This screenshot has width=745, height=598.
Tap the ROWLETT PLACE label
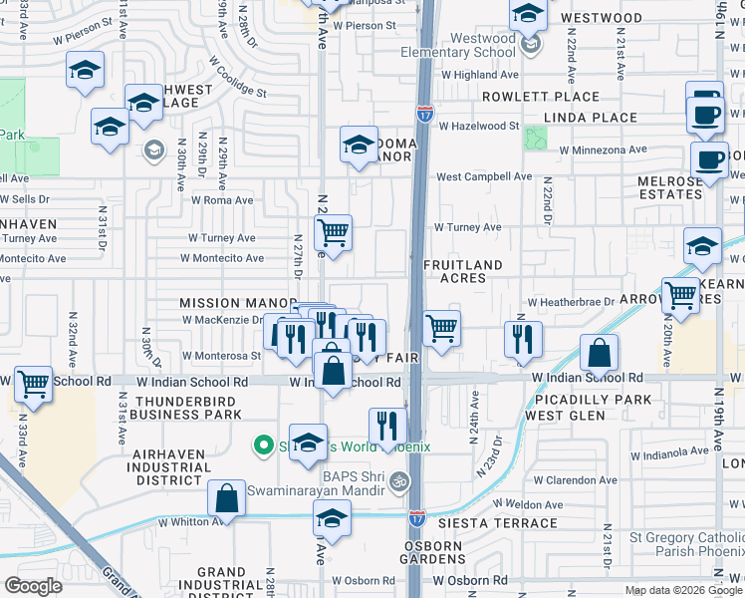click(541, 97)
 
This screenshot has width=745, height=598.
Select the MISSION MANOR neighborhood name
click(224, 302)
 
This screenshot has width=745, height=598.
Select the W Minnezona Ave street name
click(603, 150)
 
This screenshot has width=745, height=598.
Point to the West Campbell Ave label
click(484, 176)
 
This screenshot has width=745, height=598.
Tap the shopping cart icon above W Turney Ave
click(334, 232)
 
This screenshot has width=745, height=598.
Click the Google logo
click(35, 586)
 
